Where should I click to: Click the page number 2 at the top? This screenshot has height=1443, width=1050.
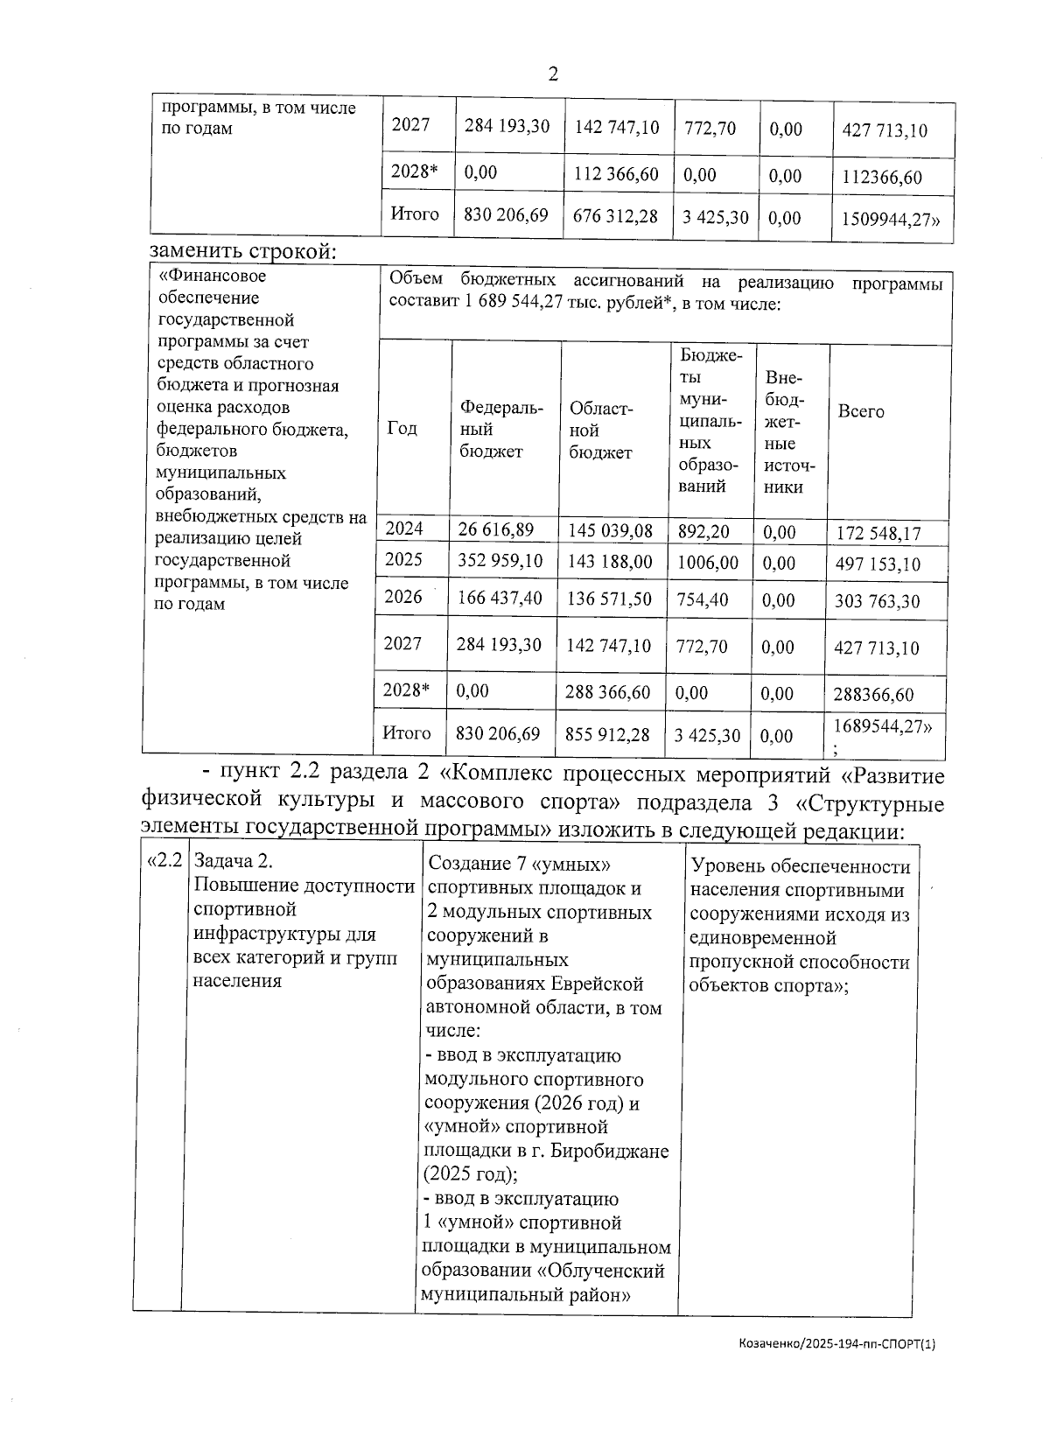(552, 74)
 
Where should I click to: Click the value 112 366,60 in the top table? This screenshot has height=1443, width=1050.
(616, 174)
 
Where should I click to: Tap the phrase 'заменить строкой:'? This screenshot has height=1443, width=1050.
(243, 252)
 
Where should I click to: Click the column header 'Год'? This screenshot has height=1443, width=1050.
(402, 429)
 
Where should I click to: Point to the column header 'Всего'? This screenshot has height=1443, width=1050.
(861, 411)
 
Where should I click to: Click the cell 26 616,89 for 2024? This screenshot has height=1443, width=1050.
(495, 529)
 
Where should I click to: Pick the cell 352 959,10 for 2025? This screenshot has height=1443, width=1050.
(500, 560)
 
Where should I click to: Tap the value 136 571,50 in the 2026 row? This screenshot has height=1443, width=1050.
(609, 598)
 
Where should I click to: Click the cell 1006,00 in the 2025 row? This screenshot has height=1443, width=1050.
(708, 563)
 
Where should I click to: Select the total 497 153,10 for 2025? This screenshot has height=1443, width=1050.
(878, 564)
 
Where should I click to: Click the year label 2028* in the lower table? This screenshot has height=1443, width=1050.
(407, 690)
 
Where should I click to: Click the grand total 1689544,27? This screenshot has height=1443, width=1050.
(882, 726)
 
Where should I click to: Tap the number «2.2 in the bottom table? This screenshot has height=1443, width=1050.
(164, 861)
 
